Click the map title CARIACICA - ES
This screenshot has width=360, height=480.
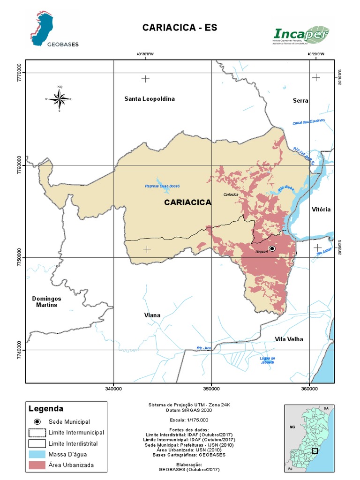[180, 28]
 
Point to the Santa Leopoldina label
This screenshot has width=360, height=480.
[149, 99]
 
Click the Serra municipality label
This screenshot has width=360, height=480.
[300, 101]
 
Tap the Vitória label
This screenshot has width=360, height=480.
[321, 210]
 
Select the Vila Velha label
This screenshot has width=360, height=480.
[289, 339]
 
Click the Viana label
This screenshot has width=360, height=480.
[152, 315]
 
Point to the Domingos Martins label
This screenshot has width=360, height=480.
[47, 302]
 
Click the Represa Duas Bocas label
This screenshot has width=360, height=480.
[162, 187]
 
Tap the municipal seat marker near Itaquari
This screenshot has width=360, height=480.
[272, 248]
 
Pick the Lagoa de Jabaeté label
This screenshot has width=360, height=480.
[266, 360]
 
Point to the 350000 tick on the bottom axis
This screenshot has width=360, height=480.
[211, 389]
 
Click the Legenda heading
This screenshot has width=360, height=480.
[45, 409]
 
